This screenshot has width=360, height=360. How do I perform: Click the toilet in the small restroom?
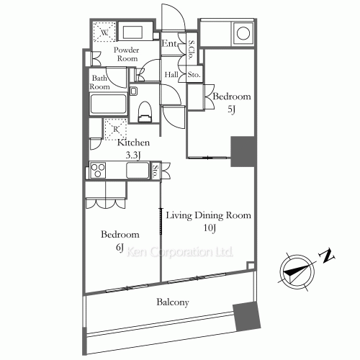tap(145, 112)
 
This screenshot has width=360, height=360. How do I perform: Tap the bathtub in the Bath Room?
tap(108, 104)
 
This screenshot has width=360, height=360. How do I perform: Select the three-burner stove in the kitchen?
tap(98, 171)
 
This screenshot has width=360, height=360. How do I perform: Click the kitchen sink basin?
tap(138, 171)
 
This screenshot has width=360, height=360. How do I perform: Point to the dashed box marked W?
tap(104, 32)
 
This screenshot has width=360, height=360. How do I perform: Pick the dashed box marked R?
tap(115, 130)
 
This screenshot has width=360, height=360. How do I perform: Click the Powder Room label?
tap(127, 54)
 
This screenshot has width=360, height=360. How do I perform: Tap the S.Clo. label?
tap(192, 50)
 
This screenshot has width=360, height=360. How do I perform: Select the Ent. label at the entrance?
tap(170, 43)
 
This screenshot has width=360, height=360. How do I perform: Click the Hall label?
tap(171, 75)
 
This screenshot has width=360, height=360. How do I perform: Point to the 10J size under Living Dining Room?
tap(210, 228)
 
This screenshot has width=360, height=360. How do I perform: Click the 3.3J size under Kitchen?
tap(132, 156)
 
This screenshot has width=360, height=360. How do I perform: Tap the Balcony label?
tap(173, 302)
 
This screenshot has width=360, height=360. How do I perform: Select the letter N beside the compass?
tap(327, 256)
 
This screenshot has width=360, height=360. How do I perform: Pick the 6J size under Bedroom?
tap(120, 248)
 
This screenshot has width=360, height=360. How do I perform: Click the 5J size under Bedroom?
tap(231, 109)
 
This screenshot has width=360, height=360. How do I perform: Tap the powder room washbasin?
tap(132, 32)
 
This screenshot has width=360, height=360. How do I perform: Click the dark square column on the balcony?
tap(247, 317)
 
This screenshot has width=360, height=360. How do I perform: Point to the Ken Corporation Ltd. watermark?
tap(179, 252)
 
